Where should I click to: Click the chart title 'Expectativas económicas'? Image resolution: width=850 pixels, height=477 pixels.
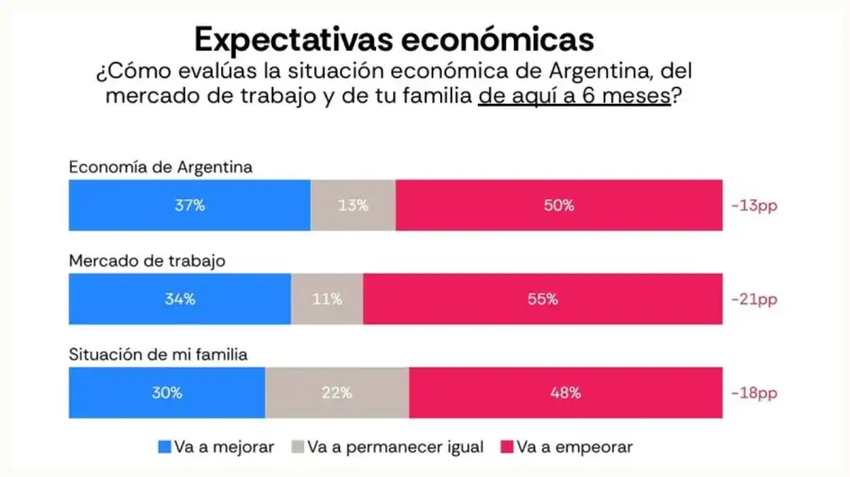pos(394,39)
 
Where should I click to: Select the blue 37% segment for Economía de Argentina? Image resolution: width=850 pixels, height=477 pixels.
pos(189,205)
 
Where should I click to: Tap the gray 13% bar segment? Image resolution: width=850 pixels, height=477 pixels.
pos(352,205)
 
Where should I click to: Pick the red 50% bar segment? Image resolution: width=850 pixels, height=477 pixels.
pos(558,205)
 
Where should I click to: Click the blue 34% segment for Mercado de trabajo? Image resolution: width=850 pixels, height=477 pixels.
pos(179,299)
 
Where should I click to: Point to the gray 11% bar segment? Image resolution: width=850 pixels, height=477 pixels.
pos(327,299)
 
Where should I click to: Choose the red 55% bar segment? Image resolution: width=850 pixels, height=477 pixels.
pos(542,299)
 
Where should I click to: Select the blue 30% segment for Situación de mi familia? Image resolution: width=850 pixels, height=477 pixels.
pos(166,393)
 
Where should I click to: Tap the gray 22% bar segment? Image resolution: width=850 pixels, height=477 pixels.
pos(337,393)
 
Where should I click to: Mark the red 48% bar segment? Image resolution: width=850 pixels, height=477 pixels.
pos(565,393)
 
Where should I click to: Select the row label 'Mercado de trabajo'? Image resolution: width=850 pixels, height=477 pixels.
pos(146,261)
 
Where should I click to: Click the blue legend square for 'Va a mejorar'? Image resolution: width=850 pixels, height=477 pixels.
pos(164,447)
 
